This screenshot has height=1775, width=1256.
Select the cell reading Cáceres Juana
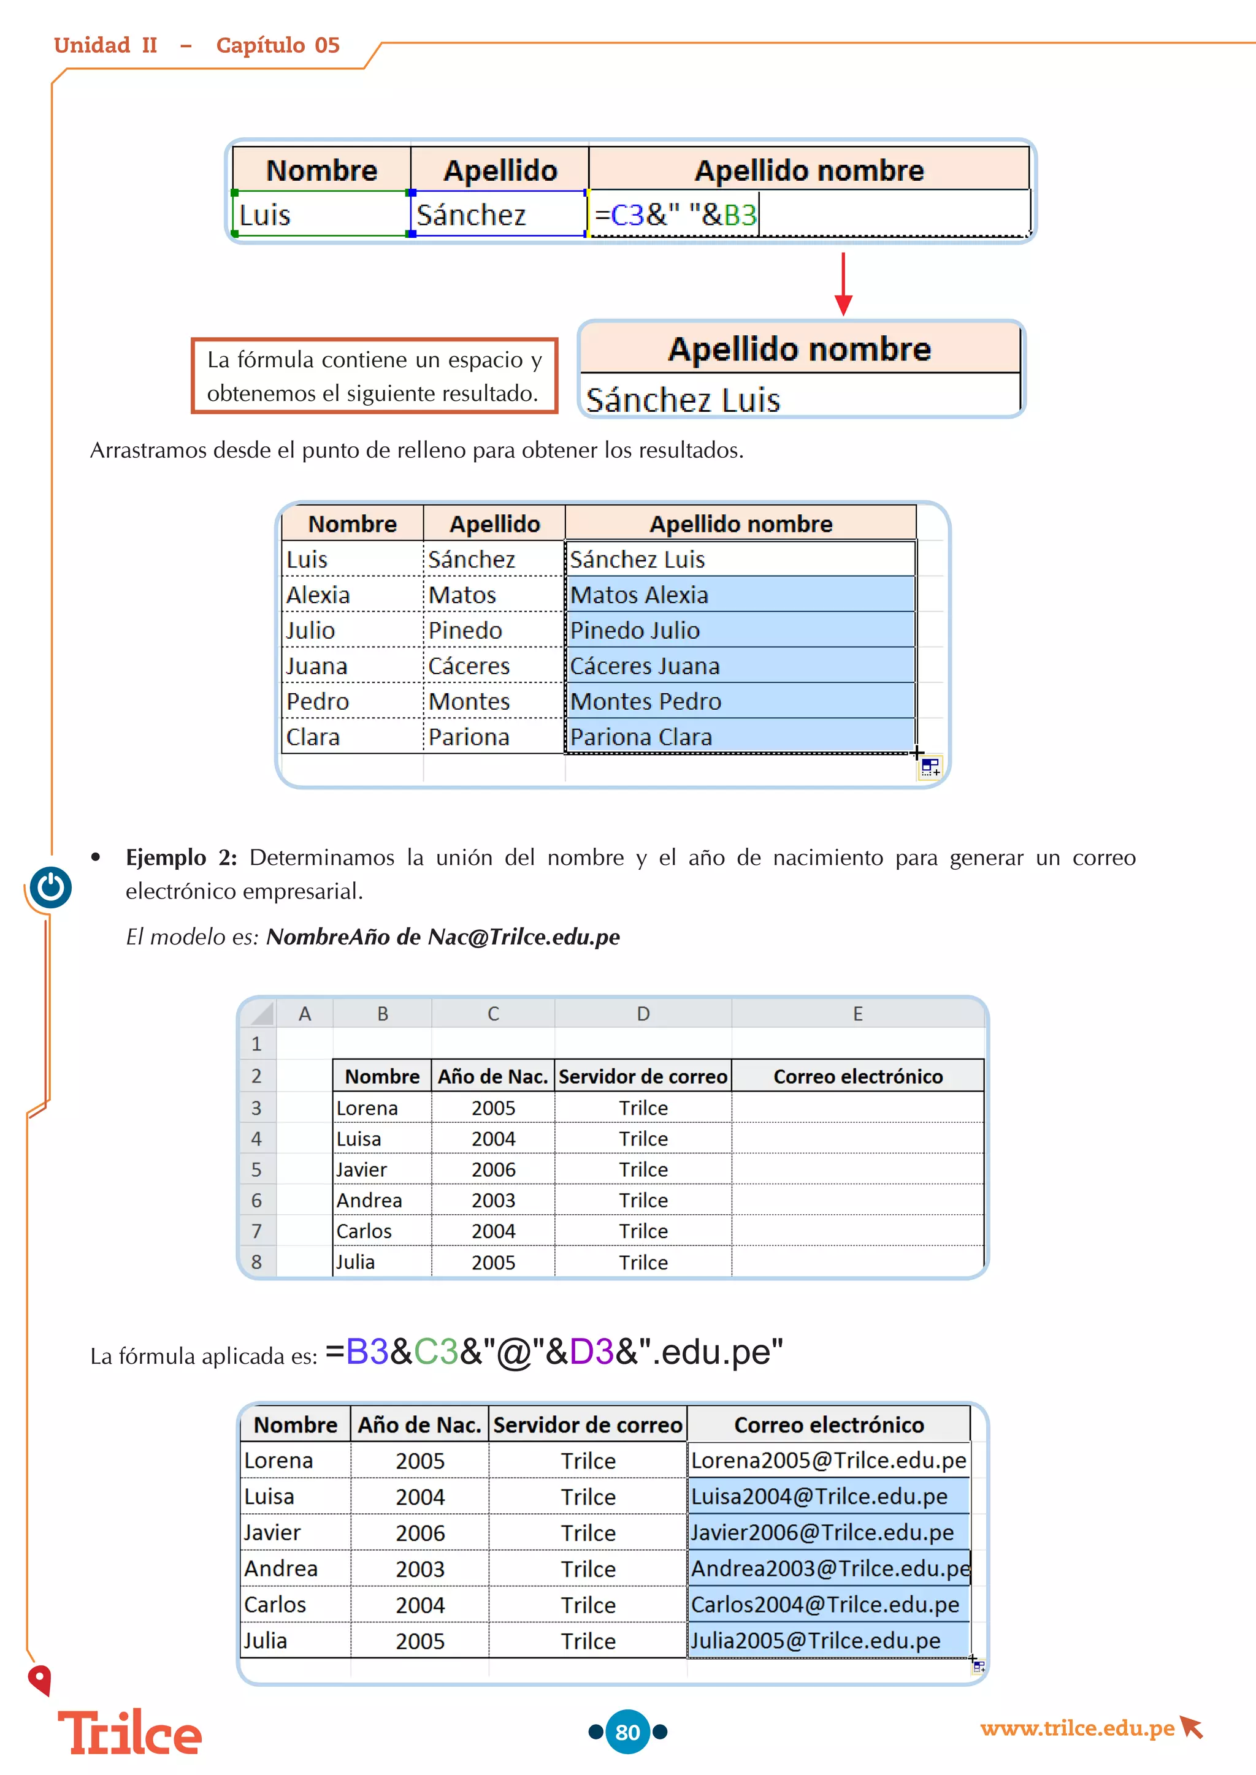coord(644,666)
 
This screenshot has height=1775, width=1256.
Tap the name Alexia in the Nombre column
coord(318,595)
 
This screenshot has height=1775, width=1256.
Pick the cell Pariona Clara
coord(640,737)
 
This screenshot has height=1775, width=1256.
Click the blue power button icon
coord(51,887)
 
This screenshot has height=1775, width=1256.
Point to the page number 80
coord(627,1731)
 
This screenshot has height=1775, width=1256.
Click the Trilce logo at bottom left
coord(130,1733)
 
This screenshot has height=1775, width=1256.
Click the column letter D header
coord(643,1014)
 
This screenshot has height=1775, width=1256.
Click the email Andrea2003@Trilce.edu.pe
coord(829,1568)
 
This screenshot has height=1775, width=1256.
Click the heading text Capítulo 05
coord(278,45)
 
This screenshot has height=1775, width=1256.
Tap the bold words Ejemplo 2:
coord(181,857)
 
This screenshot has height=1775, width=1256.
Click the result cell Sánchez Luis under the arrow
coord(683,400)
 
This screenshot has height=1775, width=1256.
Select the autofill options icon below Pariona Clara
coord(930,767)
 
